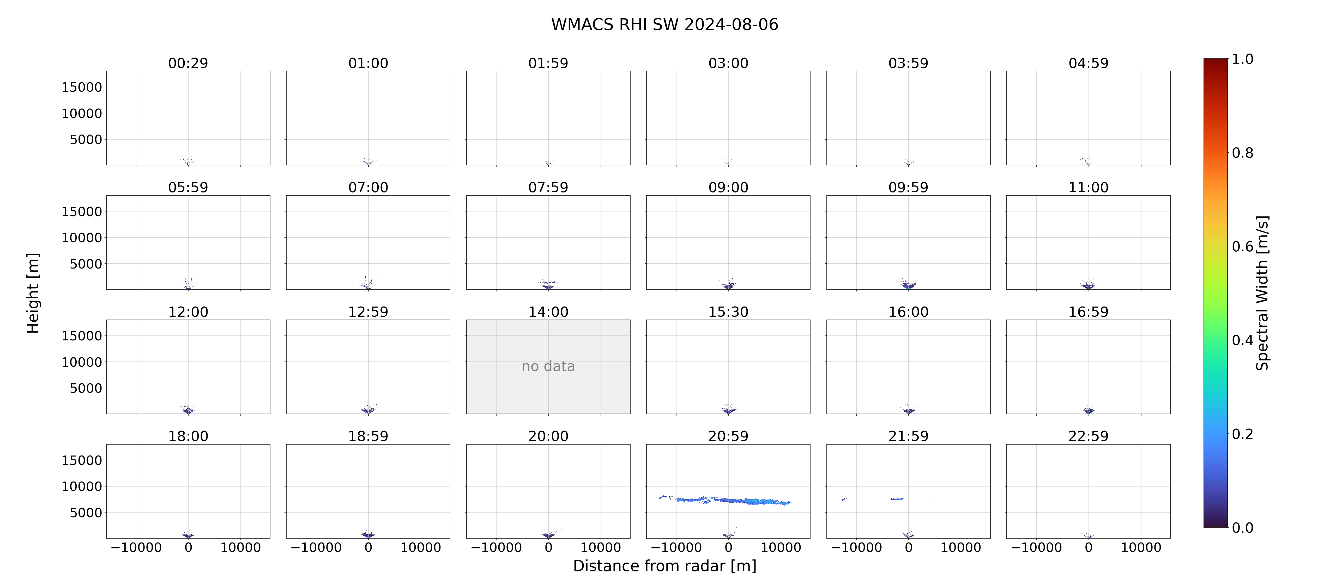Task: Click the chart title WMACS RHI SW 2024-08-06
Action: [664, 24]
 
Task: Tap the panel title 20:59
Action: [728, 437]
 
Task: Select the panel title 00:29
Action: [188, 64]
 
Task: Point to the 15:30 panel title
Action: [728, 312]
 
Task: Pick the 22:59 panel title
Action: [1088, 437]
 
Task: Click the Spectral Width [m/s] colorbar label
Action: [1262, 293]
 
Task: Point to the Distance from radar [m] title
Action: [664, 566]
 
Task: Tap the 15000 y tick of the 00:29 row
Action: [82, 87]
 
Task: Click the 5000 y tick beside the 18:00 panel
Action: [86, 513]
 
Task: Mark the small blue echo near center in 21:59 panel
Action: [897, 499]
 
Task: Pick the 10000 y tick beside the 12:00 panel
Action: [82, 362]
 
